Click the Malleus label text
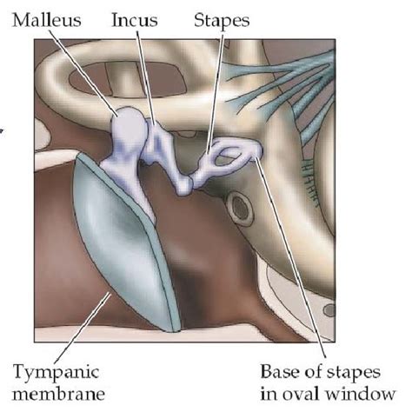click(47, 20)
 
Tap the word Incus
click(135, 20)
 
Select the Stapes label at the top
click(222, 21)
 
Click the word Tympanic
click(56, 373)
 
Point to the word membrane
click(58, 394)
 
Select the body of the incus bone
click(158, 142)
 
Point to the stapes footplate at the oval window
click(256, 150)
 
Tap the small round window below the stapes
click(240, 208)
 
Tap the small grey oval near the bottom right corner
click(329, 310)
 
